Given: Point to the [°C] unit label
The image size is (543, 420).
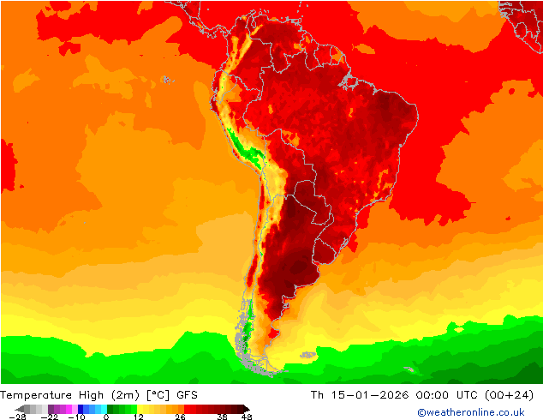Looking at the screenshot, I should (x=158, y=395).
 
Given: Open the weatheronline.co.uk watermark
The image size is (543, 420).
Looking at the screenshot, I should (x=476, y=412).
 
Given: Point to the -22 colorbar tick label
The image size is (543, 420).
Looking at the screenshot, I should (x=51, y=417).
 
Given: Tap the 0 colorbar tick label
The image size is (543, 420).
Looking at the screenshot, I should (x=106, y=417).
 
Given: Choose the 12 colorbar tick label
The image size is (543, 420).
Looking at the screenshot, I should (x=137, y=417).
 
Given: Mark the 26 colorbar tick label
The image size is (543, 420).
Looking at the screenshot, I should (x=179, y=417).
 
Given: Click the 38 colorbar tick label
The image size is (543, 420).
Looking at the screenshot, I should (x=222, y=417).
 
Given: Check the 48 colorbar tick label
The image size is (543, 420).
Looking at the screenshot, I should (x=246, y=417).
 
